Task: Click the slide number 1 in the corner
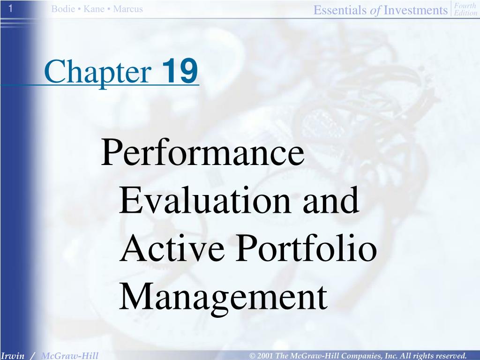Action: point(10,8)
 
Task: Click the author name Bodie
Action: point(63,9)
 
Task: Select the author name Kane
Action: point(94,9)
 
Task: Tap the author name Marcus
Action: point(128,9)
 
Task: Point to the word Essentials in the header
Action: point(339,10)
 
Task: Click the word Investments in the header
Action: point(415,10)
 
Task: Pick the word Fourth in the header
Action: point(465,6)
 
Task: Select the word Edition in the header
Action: point(465,13)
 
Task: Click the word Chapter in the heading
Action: point(98,72)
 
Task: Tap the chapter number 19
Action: point(180,71)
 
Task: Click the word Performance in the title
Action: point(202,153)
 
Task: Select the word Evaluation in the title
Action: point(205,200)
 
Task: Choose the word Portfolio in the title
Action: point(307,247)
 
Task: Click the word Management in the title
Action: point(224,297)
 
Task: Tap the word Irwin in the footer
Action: point(13,356)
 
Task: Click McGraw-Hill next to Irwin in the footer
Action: point(70,356)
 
